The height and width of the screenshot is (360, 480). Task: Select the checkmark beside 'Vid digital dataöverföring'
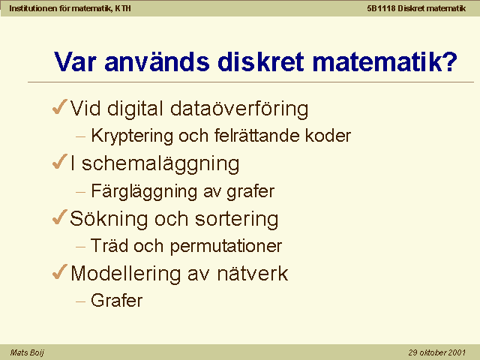coord(60,107)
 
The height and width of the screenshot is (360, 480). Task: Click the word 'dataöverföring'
coord(239,109)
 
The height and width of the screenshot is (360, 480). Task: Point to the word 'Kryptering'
coord(132,136)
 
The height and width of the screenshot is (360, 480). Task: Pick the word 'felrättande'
coord(256,135)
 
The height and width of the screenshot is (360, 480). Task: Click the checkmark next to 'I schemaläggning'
coord(60,162)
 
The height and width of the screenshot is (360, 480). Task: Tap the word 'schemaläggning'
coord(160,163)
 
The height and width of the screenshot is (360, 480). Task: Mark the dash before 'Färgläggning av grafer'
coord(80,192)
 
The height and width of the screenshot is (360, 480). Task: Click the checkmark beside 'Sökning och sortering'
coord(60,217)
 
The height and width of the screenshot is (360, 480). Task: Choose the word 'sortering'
coord(237,219)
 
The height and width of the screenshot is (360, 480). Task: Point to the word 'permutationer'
coord(226,247)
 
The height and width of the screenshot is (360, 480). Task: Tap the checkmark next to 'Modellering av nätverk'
coord(60,271)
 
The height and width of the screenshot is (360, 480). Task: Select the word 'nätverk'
coord(253,273)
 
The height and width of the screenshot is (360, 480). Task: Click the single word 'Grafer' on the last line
coord(117,300)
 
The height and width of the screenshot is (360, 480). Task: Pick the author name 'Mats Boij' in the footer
coord(27,352)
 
